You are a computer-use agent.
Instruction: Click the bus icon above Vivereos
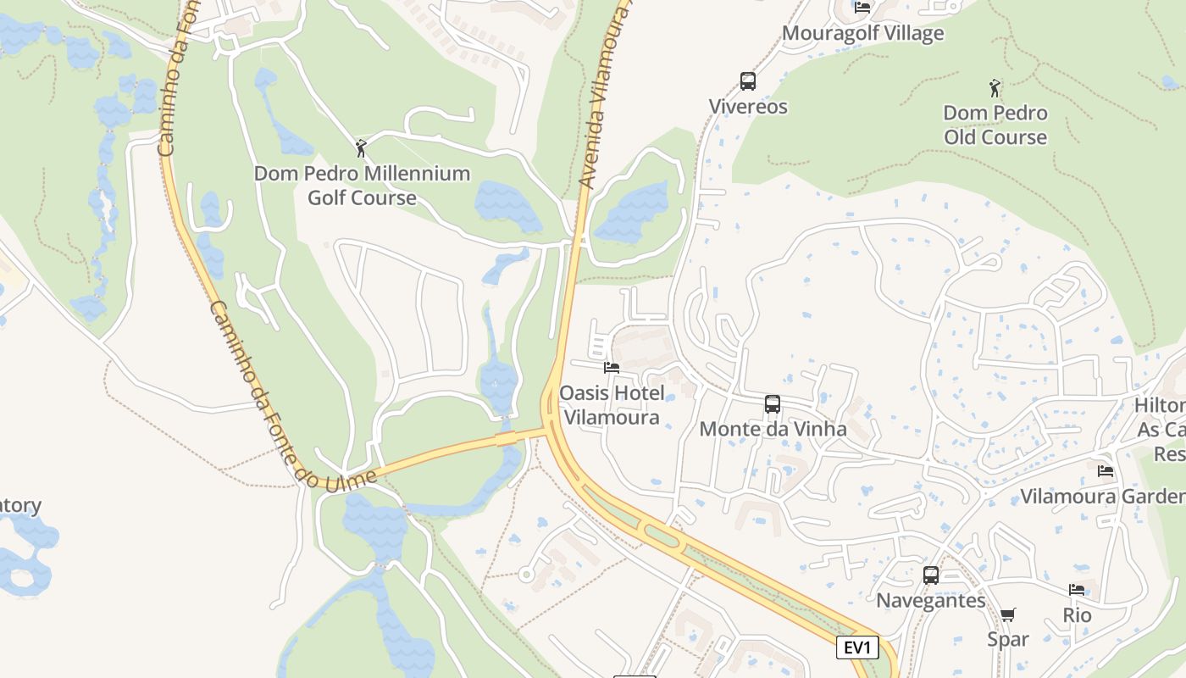(747, 81)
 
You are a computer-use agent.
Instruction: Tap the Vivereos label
(748, 107)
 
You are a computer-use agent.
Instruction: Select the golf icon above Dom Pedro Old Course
(995, 87)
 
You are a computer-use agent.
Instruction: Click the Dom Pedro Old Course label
(995, 125)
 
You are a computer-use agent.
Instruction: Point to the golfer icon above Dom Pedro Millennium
(362, 148)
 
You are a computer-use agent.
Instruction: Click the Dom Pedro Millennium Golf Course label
(362, 186)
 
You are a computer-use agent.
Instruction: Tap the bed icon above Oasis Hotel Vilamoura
(612, 368)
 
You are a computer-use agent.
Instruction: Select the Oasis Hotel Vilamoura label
(612, 404)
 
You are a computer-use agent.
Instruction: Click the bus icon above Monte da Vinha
(773, 404)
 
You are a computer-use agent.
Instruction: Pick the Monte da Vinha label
(773, 429)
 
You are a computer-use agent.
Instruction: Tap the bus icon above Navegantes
(931, 575)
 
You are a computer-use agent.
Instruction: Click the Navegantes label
(931, 601)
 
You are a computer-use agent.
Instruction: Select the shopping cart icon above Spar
(1007, 614)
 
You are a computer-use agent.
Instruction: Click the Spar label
(1008, 639)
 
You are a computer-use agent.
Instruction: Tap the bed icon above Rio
(1077, 590)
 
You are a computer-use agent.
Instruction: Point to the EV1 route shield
(857, 648)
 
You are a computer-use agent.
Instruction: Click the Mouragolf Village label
(862, 33)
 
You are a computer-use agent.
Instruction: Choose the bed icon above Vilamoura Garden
(1105, 471)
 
